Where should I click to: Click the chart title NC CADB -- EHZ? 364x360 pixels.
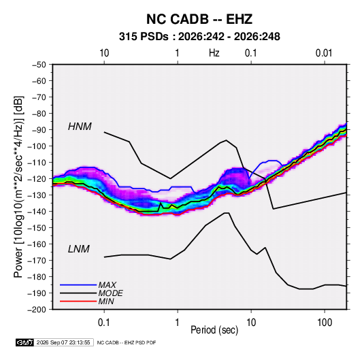(199, 19)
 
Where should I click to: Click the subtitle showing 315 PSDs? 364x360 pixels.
(199, 37)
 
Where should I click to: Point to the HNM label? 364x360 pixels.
(80, 127)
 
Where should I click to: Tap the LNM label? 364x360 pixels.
(79, 249)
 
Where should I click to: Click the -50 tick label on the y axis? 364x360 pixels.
(39, 65)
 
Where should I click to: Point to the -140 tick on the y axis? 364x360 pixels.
(37, 212)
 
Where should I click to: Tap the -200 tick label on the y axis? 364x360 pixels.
(37, 310)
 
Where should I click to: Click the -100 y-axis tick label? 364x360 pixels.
(37, 146)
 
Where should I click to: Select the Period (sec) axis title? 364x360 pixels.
(214, 330)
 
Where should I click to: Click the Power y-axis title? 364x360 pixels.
(18, 187)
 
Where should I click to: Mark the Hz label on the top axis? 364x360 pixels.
(214, 53)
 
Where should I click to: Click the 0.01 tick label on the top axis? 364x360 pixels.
(324, 53)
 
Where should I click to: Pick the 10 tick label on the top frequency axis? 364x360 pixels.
(104, 53)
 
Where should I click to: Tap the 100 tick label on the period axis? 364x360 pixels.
(325, 323)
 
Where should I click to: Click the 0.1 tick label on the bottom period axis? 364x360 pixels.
(104, 323)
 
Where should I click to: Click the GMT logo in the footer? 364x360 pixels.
(25, 342)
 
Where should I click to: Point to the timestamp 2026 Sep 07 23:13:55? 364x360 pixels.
(63, 342)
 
